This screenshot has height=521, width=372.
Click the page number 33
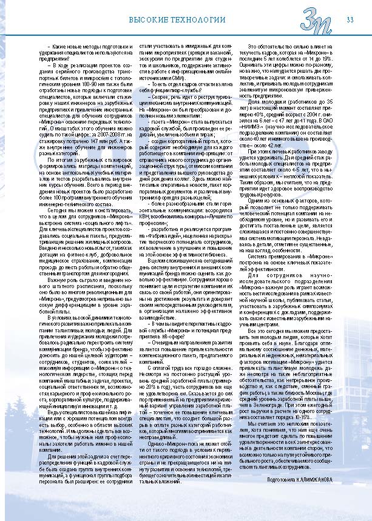point(350,20)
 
